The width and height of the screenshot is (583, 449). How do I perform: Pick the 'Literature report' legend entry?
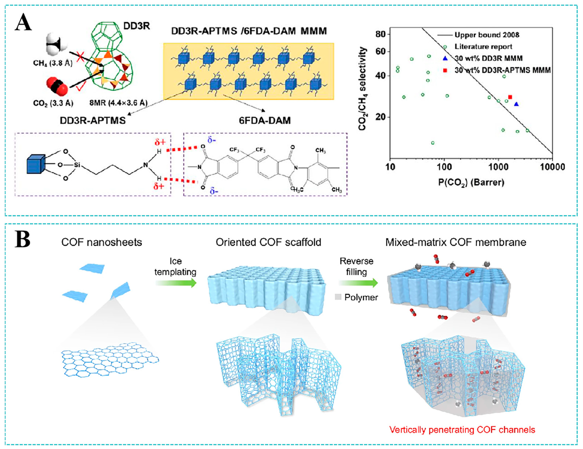[483, 47]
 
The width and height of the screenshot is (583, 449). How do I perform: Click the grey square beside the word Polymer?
[338, 297]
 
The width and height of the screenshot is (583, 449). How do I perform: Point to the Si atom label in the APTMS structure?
[77, 165]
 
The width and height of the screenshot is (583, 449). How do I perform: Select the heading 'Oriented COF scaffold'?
[268, 242]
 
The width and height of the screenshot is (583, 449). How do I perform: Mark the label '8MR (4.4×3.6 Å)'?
[118, 103]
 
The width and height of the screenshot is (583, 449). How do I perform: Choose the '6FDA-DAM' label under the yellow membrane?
[265, 121]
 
